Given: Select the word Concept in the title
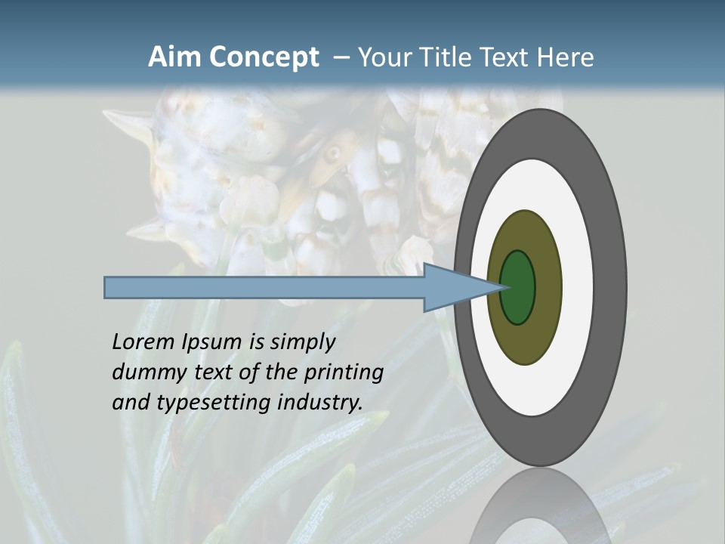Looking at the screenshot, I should (x=264, y=57).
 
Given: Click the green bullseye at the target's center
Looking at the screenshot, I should (x=518, y=287).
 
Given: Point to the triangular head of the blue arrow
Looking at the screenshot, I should (x=453, y=287).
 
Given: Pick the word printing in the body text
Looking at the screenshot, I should (x=344, y=372).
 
